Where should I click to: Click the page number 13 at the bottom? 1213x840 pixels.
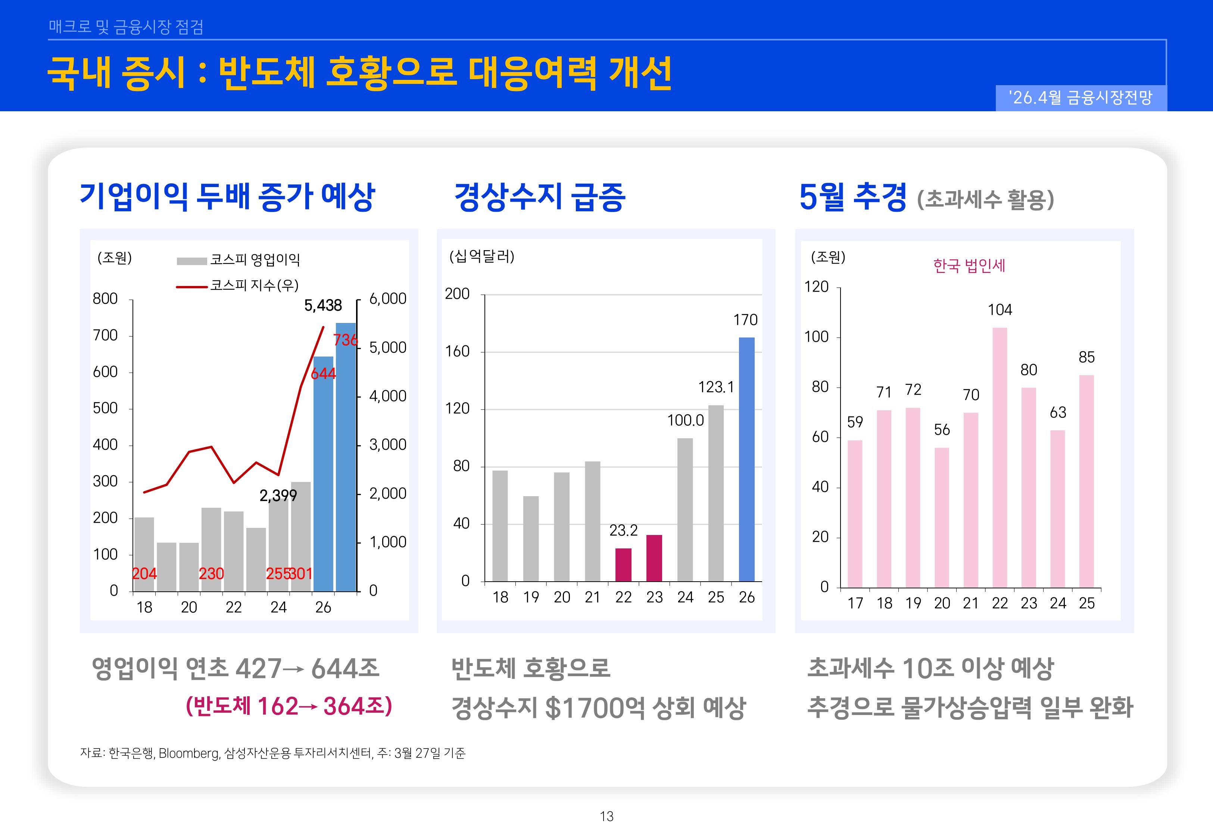(x=606, y=816)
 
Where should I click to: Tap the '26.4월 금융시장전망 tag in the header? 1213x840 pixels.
(x=1081, y=98)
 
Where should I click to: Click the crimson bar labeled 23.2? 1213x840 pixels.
(x=623, y=565)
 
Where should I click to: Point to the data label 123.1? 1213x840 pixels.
(x=715, y=388)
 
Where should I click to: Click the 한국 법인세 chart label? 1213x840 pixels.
(x=969, y=266)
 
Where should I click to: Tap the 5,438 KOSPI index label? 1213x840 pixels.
(x=323, y=305)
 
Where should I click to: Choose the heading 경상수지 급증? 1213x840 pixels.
(x=539, y=197)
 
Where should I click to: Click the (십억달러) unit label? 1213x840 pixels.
(x=481, y=256)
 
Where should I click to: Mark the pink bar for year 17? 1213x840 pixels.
(x=855, y=514)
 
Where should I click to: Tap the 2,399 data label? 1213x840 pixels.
(x=278, y=495)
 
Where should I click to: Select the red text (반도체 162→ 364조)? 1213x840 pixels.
(x=289, y=706)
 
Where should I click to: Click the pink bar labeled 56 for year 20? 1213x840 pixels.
(x=942, y=517)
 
